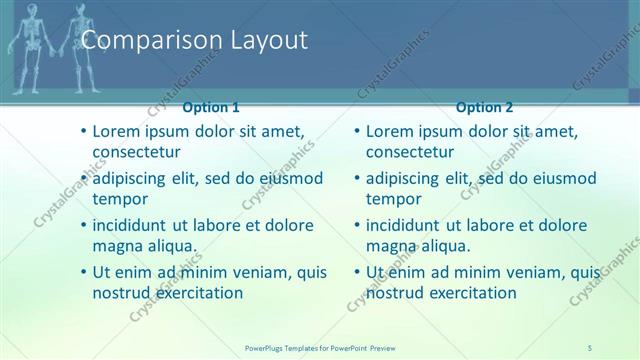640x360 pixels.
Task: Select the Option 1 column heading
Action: click(x=211, y=107)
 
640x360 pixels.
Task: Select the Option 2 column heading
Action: click(x=484, y=107)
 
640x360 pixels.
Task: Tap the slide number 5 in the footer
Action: click(x=590, y=347)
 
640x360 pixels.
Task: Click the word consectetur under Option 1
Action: click(x=136, y=153)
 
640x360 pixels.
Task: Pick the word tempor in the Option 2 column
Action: click(x=393, y=199)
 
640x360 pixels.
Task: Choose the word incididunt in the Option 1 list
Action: click(x=133, y=225)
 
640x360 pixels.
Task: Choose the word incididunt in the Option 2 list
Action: click(x=406, y=225)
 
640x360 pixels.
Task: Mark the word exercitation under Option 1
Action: click(x=196, y=293)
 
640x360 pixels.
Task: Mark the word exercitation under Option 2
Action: click(x=469, y=293)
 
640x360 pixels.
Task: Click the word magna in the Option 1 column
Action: click(x=116, y=246)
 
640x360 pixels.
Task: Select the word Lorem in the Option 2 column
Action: click(x=389, y=131)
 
